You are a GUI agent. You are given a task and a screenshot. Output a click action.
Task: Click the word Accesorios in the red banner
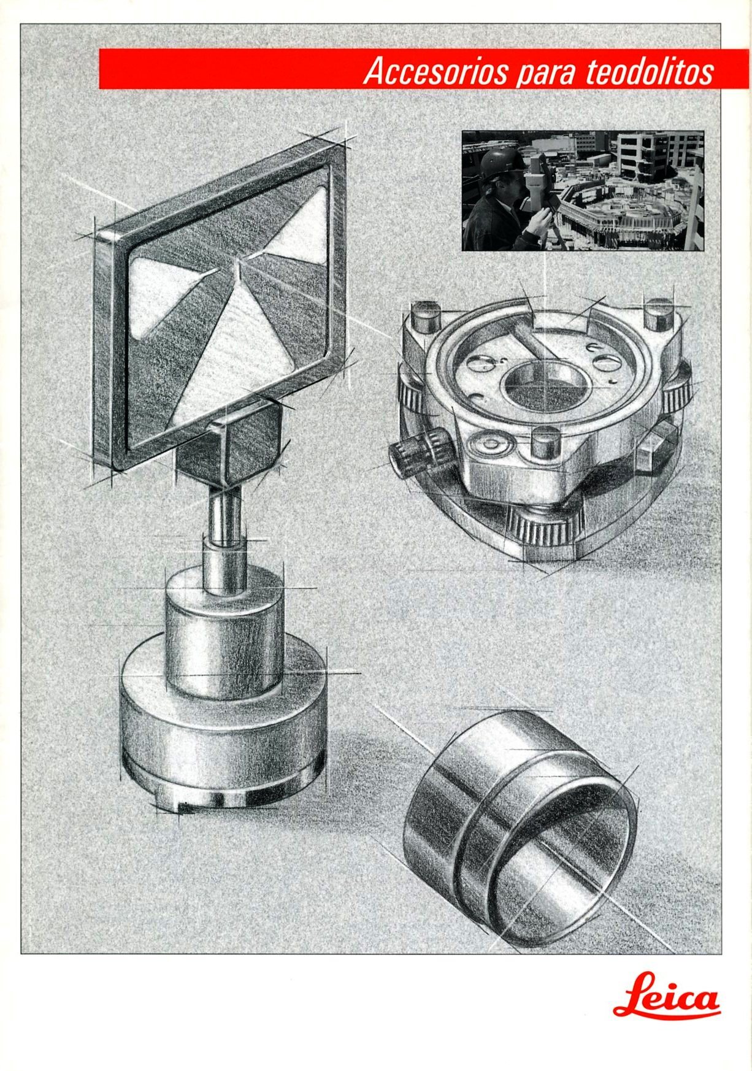tap(436, 71)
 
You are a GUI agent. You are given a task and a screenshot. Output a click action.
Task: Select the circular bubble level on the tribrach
tap(491, 443)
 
